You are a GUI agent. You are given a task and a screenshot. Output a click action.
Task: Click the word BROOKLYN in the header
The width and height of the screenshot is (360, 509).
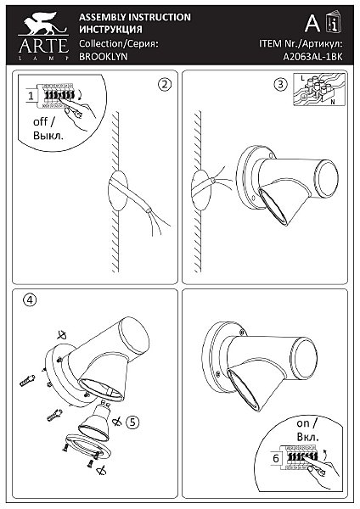pyautogui.click(x=104, y=56)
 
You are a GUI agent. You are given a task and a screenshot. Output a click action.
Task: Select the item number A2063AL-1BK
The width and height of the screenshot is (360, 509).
pyautogui.click(x=312, y=57)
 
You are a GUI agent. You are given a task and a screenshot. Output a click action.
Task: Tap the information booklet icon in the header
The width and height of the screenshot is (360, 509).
pyautogui.click(x=334, y=22)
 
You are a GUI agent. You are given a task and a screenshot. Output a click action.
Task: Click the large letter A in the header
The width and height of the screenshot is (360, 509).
pyautogui.click(x=312, y=24)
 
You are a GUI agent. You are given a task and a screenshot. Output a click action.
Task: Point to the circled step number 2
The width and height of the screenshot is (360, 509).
pyautogui.click(x=165, y=84)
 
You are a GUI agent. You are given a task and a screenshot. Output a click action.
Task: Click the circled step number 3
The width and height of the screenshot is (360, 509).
pyautogui.click(x=281, y=84)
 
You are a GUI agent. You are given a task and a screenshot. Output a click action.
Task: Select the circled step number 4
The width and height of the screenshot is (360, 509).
pyautogui.click(x=30, y=299)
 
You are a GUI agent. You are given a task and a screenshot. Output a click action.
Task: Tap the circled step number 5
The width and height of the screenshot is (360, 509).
pyautogui.click(x=132, y=422)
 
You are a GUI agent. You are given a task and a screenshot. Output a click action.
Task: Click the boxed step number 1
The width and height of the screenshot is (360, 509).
pyautogui.click(x=31, y=96)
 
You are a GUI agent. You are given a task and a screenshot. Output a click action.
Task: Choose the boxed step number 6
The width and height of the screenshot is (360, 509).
pyautogui.click(x=276, y=458)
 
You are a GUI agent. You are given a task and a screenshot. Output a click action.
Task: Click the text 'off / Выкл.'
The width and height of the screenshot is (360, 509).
pyautogui.click(x=48, y=129)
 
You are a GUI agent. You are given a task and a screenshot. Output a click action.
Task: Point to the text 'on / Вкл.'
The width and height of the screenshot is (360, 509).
pyautogui.click(x=307, y=430)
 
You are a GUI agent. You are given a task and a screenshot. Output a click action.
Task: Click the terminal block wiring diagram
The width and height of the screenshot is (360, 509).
pyautogui.click(x=319, y=89)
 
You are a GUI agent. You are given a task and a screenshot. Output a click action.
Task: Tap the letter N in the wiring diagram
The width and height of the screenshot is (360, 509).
pyautogui.click(x=333, y=102)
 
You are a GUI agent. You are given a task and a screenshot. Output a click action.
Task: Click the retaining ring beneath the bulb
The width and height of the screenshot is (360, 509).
pyautogui.click(x=88, y=446)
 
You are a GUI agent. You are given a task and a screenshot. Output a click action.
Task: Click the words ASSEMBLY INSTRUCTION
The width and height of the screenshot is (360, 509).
pyautogui.click(x=135, y=17)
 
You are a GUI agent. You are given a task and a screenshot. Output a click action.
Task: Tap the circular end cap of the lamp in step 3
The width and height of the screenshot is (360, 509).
pyautogui.click(x=328, y=177)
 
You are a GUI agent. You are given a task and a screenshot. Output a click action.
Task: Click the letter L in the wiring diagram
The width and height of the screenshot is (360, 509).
pyautogui.click(x=303, y=78)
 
